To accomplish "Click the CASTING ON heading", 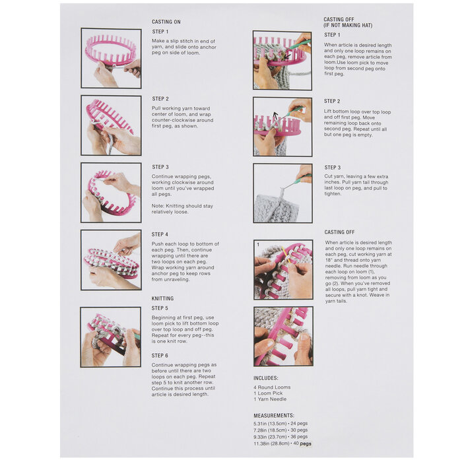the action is (x=166, y=22).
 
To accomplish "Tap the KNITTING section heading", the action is (x=162, y=298).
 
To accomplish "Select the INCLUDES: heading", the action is (x=266, y=378).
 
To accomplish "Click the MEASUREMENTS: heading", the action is (x=274, y=415).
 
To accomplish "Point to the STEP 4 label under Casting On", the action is (x=160, y=234).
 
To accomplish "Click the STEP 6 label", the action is (x=160, y=356).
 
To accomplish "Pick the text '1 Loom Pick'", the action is (x=268, y=393).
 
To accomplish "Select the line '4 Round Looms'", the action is (x=272, y=387).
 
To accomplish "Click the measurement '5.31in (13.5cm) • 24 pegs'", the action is (x=280, y=424).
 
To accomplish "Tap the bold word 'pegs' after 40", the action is (x=305, y=444).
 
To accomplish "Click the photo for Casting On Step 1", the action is (x=111, y=58).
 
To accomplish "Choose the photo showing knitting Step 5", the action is (x=110, y=337).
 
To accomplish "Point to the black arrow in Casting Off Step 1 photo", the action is (x=287, y=56).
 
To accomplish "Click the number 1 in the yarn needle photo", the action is (x=258, y=245).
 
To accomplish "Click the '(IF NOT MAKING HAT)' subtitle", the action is (x=348, y=25).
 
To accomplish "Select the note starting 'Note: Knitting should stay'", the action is (x=182, y=209).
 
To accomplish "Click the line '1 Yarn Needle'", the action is (x=270, y=399).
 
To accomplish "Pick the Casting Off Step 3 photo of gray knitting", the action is (x=283, y=193).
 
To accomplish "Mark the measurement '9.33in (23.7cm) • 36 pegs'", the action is (x=280, y=437).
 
